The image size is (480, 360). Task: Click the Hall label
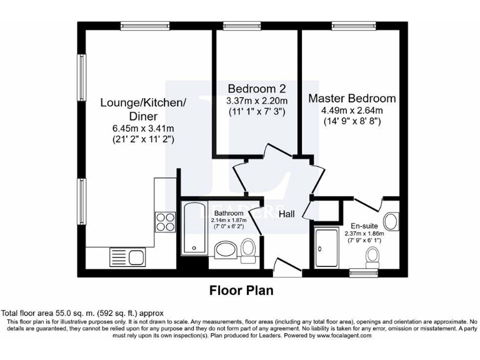[x=287, y=214]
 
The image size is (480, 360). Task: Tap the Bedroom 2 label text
[x=257, y=87]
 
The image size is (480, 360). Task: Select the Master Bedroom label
[x=351, y=98]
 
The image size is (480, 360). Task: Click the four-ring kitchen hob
[x=164, y=222]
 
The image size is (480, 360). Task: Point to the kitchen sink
[x=127, y=256]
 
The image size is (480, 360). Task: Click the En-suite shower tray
[x=326, y=247]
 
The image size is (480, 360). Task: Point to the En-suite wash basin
[x=391, y=221]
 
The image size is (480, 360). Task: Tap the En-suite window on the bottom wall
[x=362, y=272]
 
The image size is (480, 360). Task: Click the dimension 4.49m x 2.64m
[x=351, y=111]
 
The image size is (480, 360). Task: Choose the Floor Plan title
[x=241, y=291]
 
